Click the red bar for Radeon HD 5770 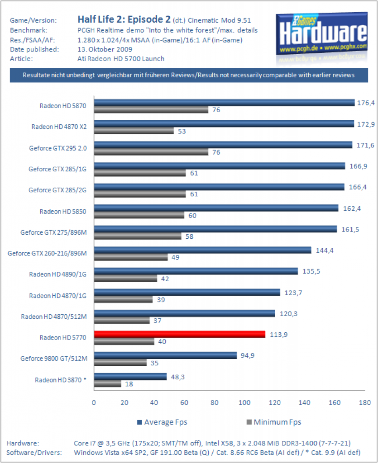coord(180,334)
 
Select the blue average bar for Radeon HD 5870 coord(225,103)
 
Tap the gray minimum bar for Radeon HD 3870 coord(108,384)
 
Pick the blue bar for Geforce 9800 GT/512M coord(166,355)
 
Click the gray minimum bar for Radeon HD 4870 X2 coord(134,131)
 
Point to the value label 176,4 coord(366,103)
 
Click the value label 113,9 coord(279,335)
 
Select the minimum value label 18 coord(129,384)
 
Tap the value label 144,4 coord(325,250)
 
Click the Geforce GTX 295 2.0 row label coord(58,148)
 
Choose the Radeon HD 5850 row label coord(63,212)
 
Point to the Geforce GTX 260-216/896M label coord(47,253)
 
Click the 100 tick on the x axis coord(244,402)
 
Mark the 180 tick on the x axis coord(365,402)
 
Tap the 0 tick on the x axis coord(94,402)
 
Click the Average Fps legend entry coord(162,422)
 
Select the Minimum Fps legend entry coord(274,422)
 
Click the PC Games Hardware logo coord(322,34)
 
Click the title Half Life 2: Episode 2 coord(124,19)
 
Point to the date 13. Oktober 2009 coord(105,49)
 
